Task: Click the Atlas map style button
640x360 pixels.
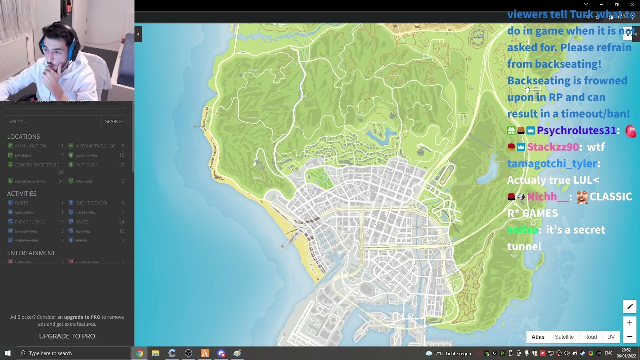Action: click(x=538, y=337)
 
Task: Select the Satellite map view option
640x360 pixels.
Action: click(x=564, y=337)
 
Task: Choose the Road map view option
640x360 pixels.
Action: click(x=590, y=337)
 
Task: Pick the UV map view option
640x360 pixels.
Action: click(x=611, y=337)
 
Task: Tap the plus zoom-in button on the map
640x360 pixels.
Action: click(x=629, y=323)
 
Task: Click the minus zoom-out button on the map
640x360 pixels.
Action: click(x=629, y=336)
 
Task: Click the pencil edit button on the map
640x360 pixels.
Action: click(x=629, y=306)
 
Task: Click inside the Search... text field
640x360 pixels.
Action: click(x=52, y=121)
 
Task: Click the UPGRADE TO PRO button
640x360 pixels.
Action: click(x=67, y=336)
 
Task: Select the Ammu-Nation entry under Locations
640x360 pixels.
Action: click(x=30, y=146)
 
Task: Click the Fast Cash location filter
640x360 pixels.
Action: click(x=86, y=165)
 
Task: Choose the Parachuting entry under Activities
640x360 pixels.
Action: click(x=29, y=222)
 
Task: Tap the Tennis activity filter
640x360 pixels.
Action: click(x=82, y=231)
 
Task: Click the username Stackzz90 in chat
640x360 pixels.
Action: click(x=553, y=147)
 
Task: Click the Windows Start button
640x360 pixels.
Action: click(x=7, y=353)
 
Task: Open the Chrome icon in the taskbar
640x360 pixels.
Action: click(x=139, y=353)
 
